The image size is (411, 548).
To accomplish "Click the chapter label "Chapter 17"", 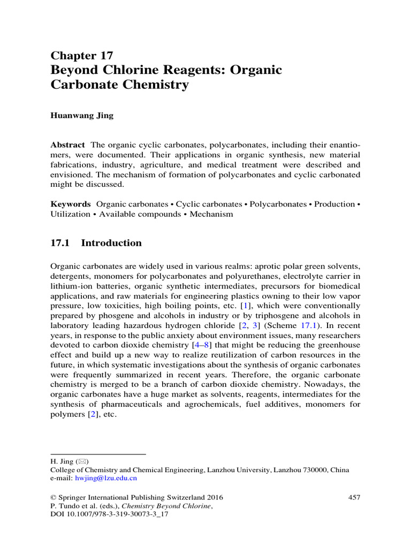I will coord(81,56).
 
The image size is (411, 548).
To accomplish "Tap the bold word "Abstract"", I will coord(67,145).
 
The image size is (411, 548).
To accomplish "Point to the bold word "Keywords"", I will coord(71,204).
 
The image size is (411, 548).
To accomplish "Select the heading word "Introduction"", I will coord(111,243).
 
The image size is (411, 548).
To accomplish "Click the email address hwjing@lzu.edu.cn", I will coord(106,478).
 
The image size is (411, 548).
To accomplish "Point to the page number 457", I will coord(354,497).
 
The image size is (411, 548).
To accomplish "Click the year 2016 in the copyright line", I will coord(214,497).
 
